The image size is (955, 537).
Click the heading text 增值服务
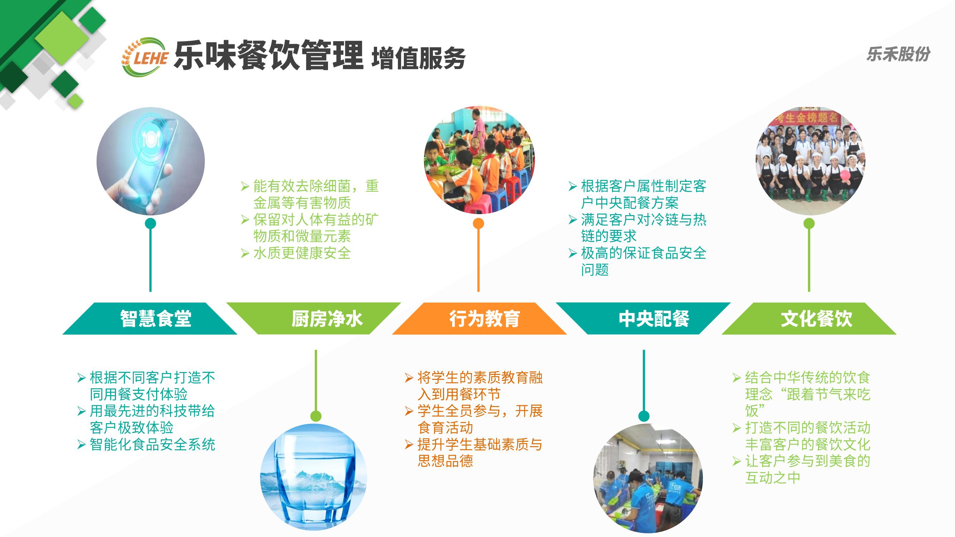pos(418,59)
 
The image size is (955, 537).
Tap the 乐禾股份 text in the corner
pos(898,54)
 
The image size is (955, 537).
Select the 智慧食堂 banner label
pos(155,318)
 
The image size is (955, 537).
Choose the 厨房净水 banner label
pos(327,318)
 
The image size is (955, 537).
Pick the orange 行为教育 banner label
pos(484,318)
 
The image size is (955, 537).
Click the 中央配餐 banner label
pos(654,318)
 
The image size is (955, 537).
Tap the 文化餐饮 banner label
pos(816,318)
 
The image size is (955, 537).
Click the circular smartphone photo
pos(150,161)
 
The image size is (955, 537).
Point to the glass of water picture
pos(313,477)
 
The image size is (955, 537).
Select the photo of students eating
pos(479,160)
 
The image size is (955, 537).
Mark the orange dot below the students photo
pos(478,223)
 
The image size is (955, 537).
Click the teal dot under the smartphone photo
pos(150,223)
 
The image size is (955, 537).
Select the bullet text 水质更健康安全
pos(302,253)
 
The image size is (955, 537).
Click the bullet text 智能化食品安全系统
pos(153,444)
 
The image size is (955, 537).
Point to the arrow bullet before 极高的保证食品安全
pos(573,253)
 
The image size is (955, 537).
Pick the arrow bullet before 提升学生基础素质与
pos(409,444)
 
